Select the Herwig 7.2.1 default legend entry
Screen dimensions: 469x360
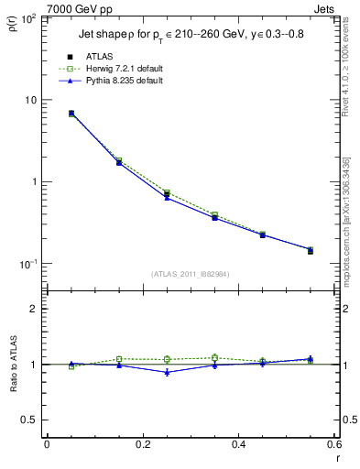[x=119, y=69]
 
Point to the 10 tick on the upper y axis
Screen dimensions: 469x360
[x=35, y=100]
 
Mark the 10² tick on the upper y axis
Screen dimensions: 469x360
[x=32, y=18]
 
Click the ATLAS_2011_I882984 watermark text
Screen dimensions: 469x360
[x=191, y=273]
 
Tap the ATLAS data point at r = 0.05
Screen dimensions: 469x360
[x=71, y=114]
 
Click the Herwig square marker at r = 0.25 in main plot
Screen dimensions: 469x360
[x=167, y=193]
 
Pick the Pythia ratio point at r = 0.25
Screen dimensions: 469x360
[x=167, y=372]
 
